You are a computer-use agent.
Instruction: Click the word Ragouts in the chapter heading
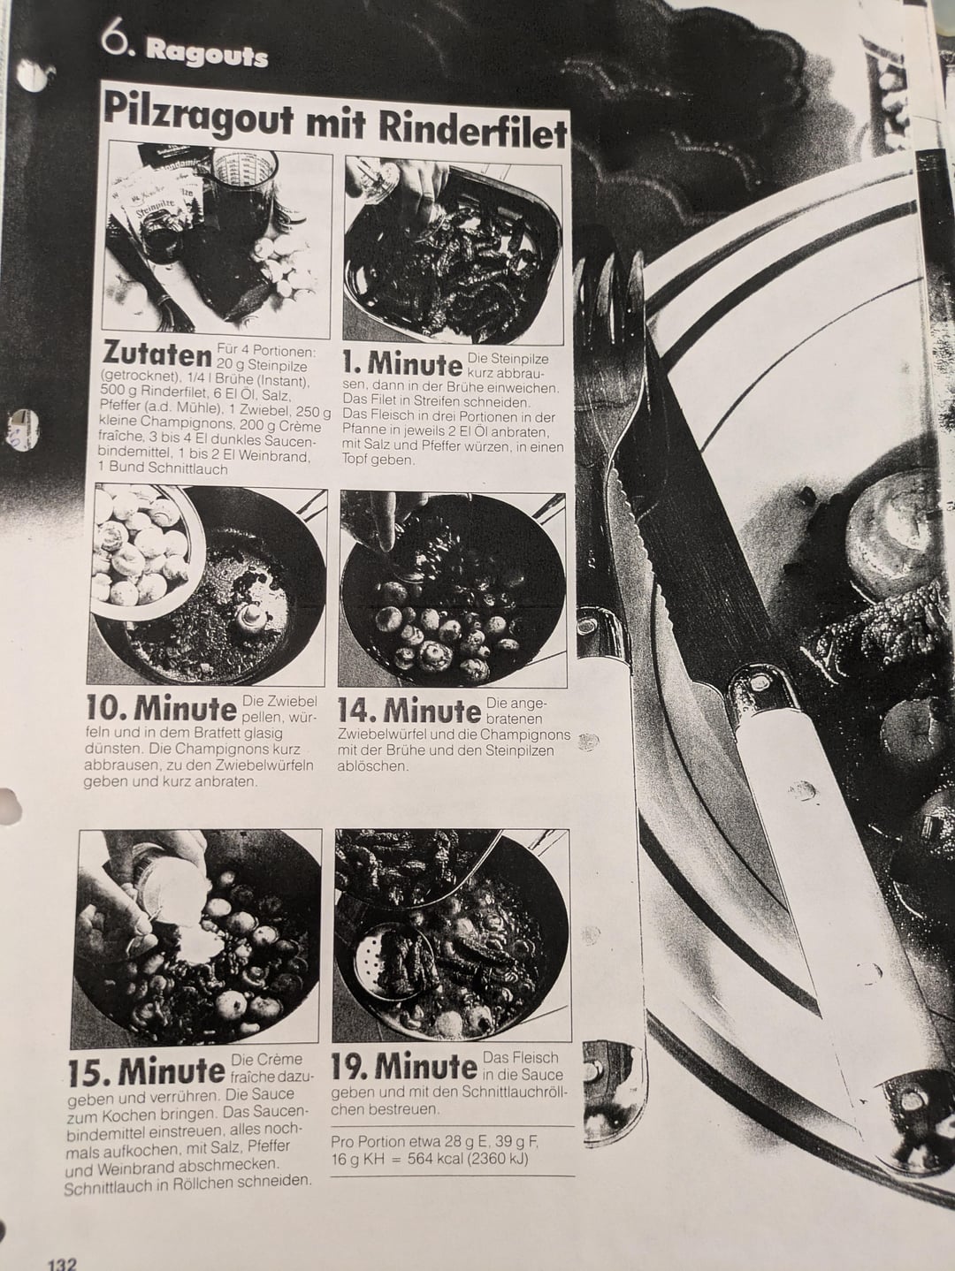click(207, 57)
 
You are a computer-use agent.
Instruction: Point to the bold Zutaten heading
click(157, 354)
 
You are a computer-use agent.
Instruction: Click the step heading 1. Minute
click(402, 363)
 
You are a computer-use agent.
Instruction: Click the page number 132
click(61, 1260)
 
